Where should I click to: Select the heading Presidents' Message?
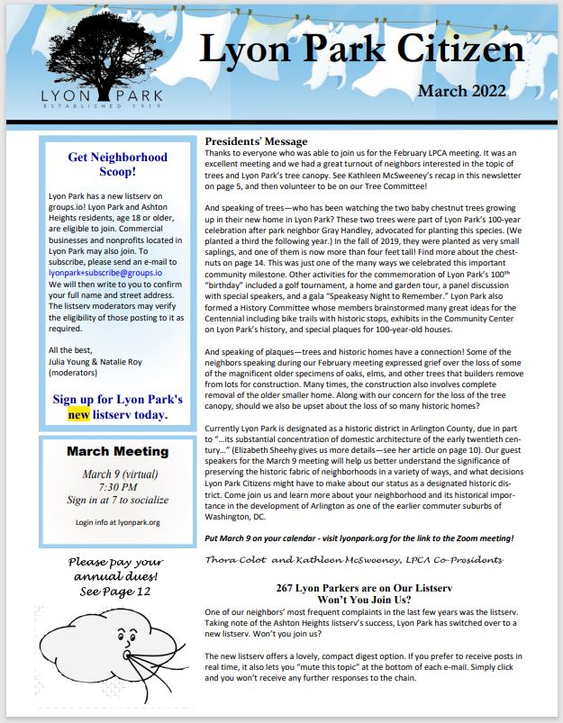click(257, 141)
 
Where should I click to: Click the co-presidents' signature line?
click(355, 560)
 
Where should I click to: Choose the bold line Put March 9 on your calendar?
click(359, 538)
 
